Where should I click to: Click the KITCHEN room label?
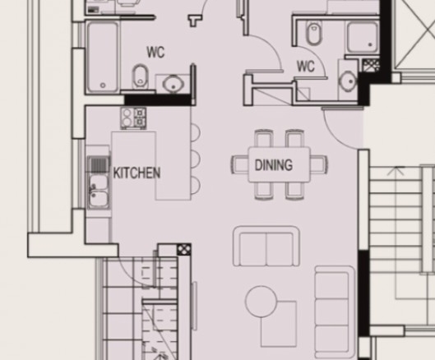[x=137, y=173]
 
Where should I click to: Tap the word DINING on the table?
[x=274, y=164]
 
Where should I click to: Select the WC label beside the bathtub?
[x=155, y=52]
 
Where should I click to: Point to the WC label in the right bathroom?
[x=306, y=67]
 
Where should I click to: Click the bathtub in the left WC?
[x=102, y=58]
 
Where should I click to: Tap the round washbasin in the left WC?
[x=174, y=83]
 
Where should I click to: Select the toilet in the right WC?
[x=314, y=32]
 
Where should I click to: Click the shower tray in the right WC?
[x=362, y=38]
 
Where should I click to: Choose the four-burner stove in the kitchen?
[x=133, y=118]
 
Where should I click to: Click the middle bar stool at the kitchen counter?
[x=196, y=159]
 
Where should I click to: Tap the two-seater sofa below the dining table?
[x=266, y=247]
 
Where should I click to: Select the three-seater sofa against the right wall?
[x=335, y=312]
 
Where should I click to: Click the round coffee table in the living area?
[x=261, y=302]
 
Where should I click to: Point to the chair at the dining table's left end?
[x=239, y=164]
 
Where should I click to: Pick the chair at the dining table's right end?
[x=318, y=164]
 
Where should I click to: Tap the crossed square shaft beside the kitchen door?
[x=184, y=250]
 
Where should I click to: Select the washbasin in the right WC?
[x=348, y=81]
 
